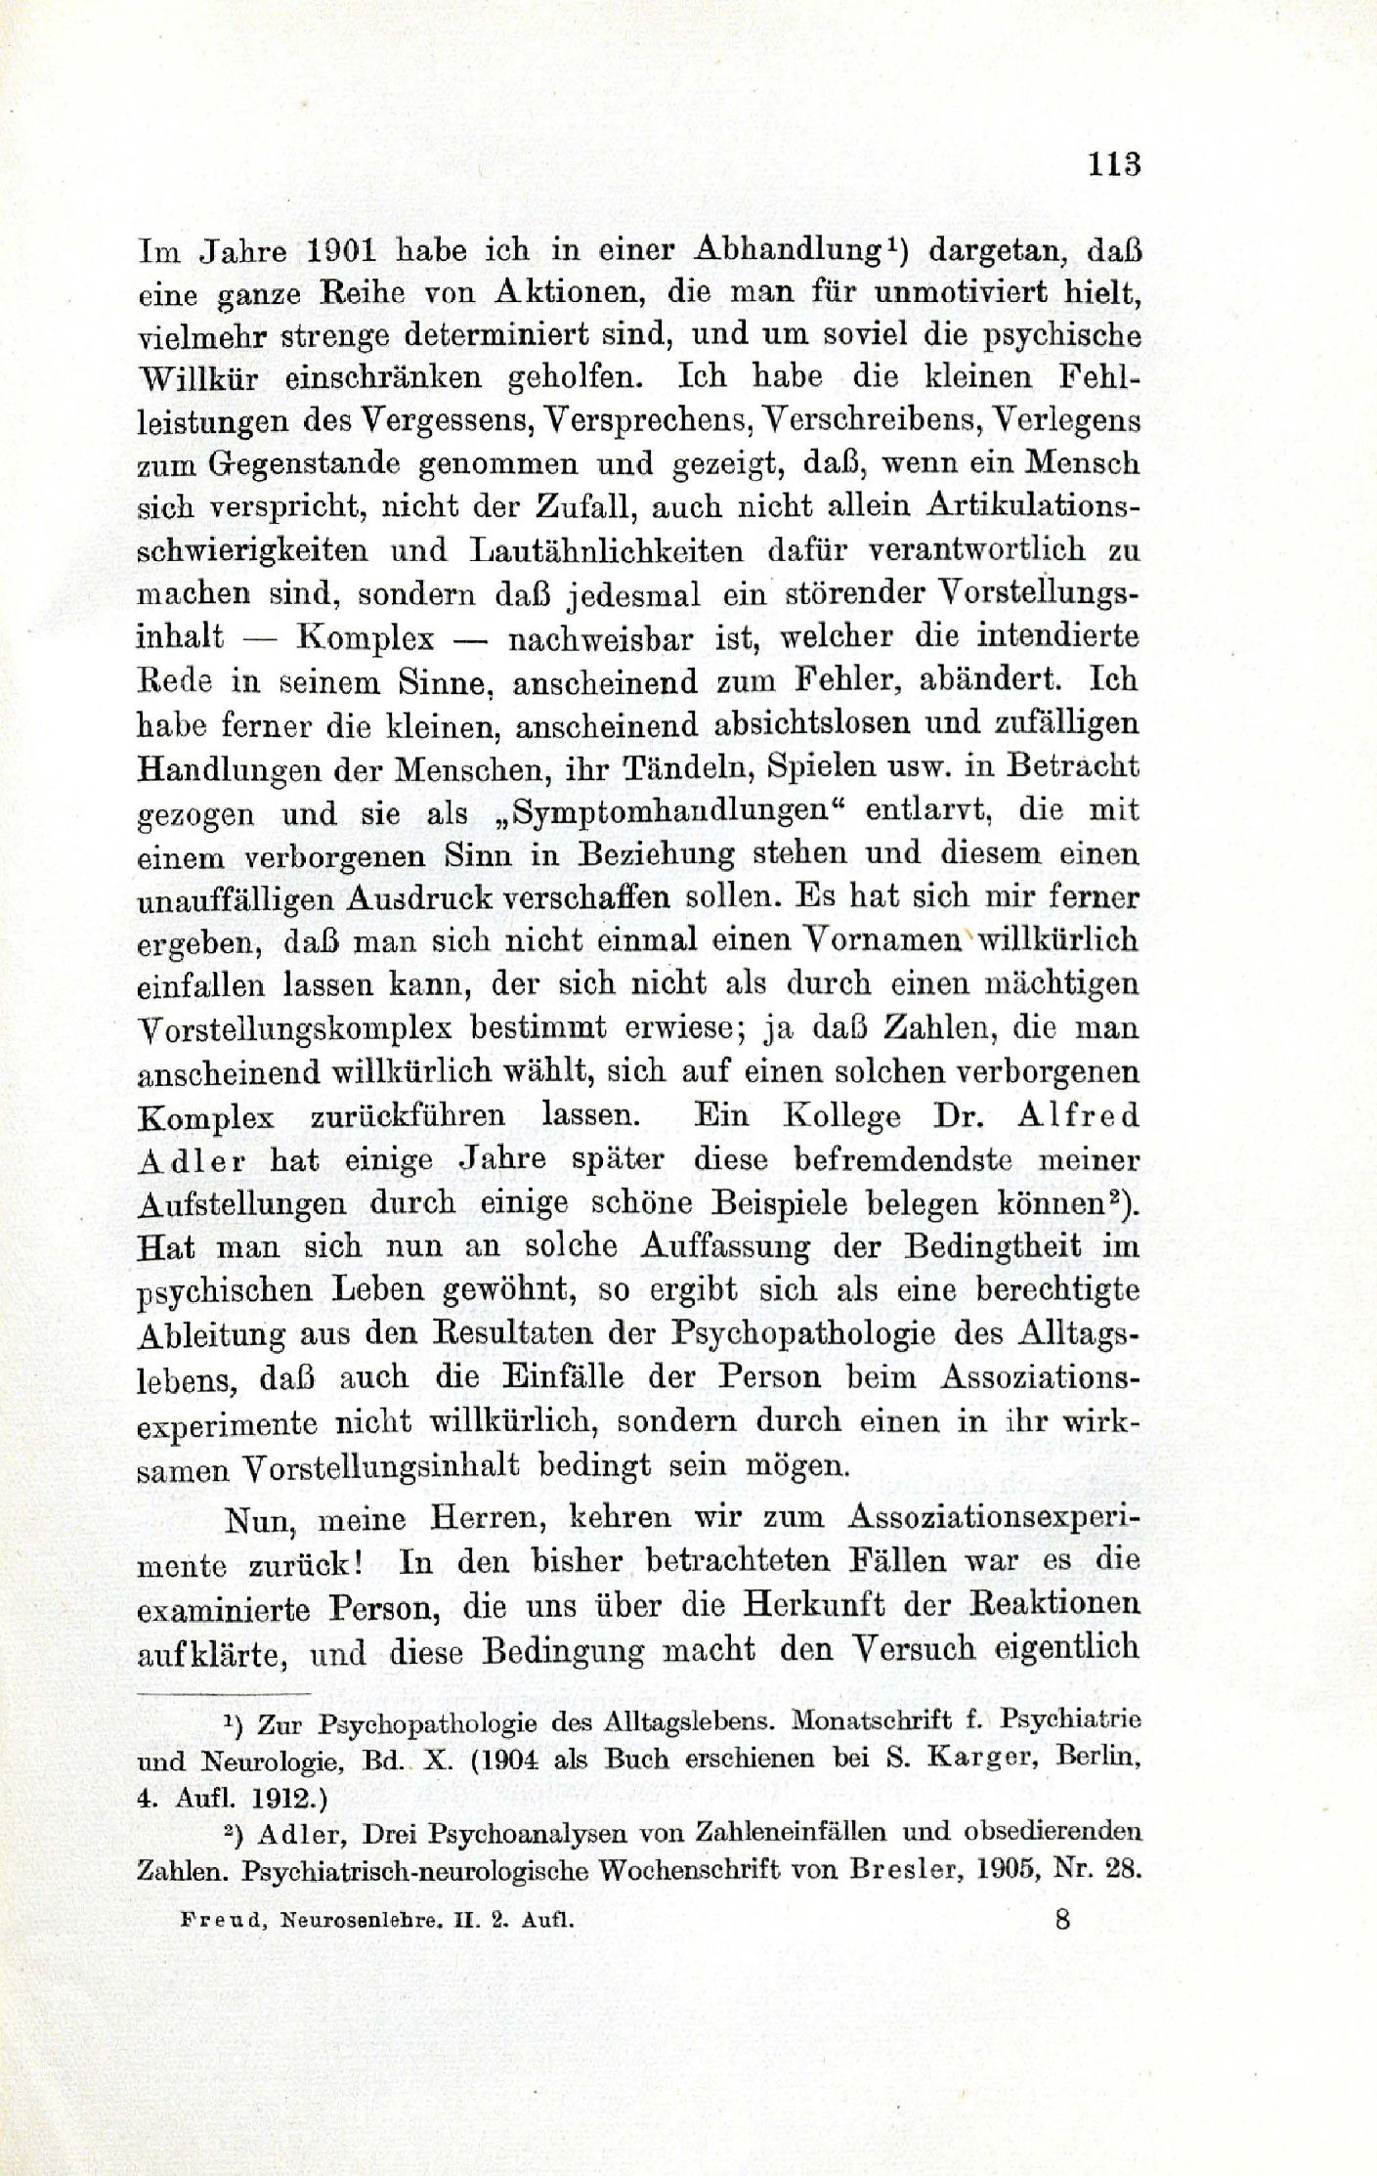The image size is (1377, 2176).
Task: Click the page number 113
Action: click(x=1113, y=163)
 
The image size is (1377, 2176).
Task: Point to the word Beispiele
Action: click(x=784, y=1203)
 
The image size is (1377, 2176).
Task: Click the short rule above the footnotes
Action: click(x=223, y=1692)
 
